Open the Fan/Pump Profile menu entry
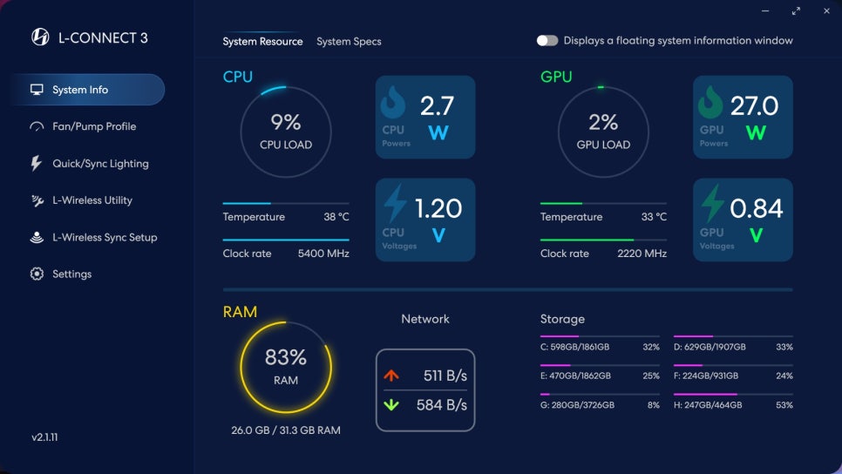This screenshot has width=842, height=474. (x=94, y=126)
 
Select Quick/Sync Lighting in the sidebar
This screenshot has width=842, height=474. (x=100, y=164)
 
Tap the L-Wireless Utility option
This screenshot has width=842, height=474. (x=92, y=200)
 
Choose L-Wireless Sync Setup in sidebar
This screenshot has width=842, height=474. (x=105, y=237)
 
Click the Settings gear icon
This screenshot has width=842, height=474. (x=37, y=274)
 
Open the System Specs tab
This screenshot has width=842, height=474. (x=349, y=42)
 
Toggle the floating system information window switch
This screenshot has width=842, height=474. (x=547, y=41)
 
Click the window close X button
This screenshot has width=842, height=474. (x=826, y=11)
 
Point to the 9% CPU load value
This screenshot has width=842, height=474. (x=286, y=122)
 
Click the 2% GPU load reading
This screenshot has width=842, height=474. (x=603, y=122)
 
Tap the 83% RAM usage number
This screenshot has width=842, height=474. (x=286, y=357)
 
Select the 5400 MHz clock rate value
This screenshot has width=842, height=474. (x=323, y=254)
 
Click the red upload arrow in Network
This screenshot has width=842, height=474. (x=391, y=376)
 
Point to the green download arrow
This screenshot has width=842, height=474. (x=391, y=404)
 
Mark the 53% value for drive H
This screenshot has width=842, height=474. (x=784, y=405)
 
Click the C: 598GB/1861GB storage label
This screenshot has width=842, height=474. (x=574, y=347)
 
